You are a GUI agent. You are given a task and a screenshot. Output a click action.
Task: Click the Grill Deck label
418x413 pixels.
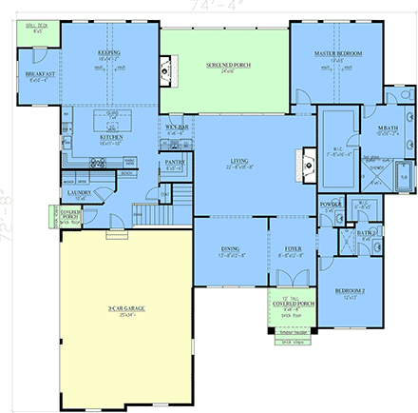[37, 29]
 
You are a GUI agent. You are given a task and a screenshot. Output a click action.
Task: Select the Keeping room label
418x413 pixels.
[109, 55]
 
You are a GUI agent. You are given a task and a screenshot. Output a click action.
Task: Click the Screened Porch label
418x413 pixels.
[224, 66]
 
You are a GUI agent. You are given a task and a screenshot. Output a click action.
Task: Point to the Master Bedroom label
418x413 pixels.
[339, 55]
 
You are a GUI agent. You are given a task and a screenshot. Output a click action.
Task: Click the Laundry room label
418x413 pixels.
[79, 194]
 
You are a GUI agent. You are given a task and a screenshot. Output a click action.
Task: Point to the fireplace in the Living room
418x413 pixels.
[306, 162]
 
